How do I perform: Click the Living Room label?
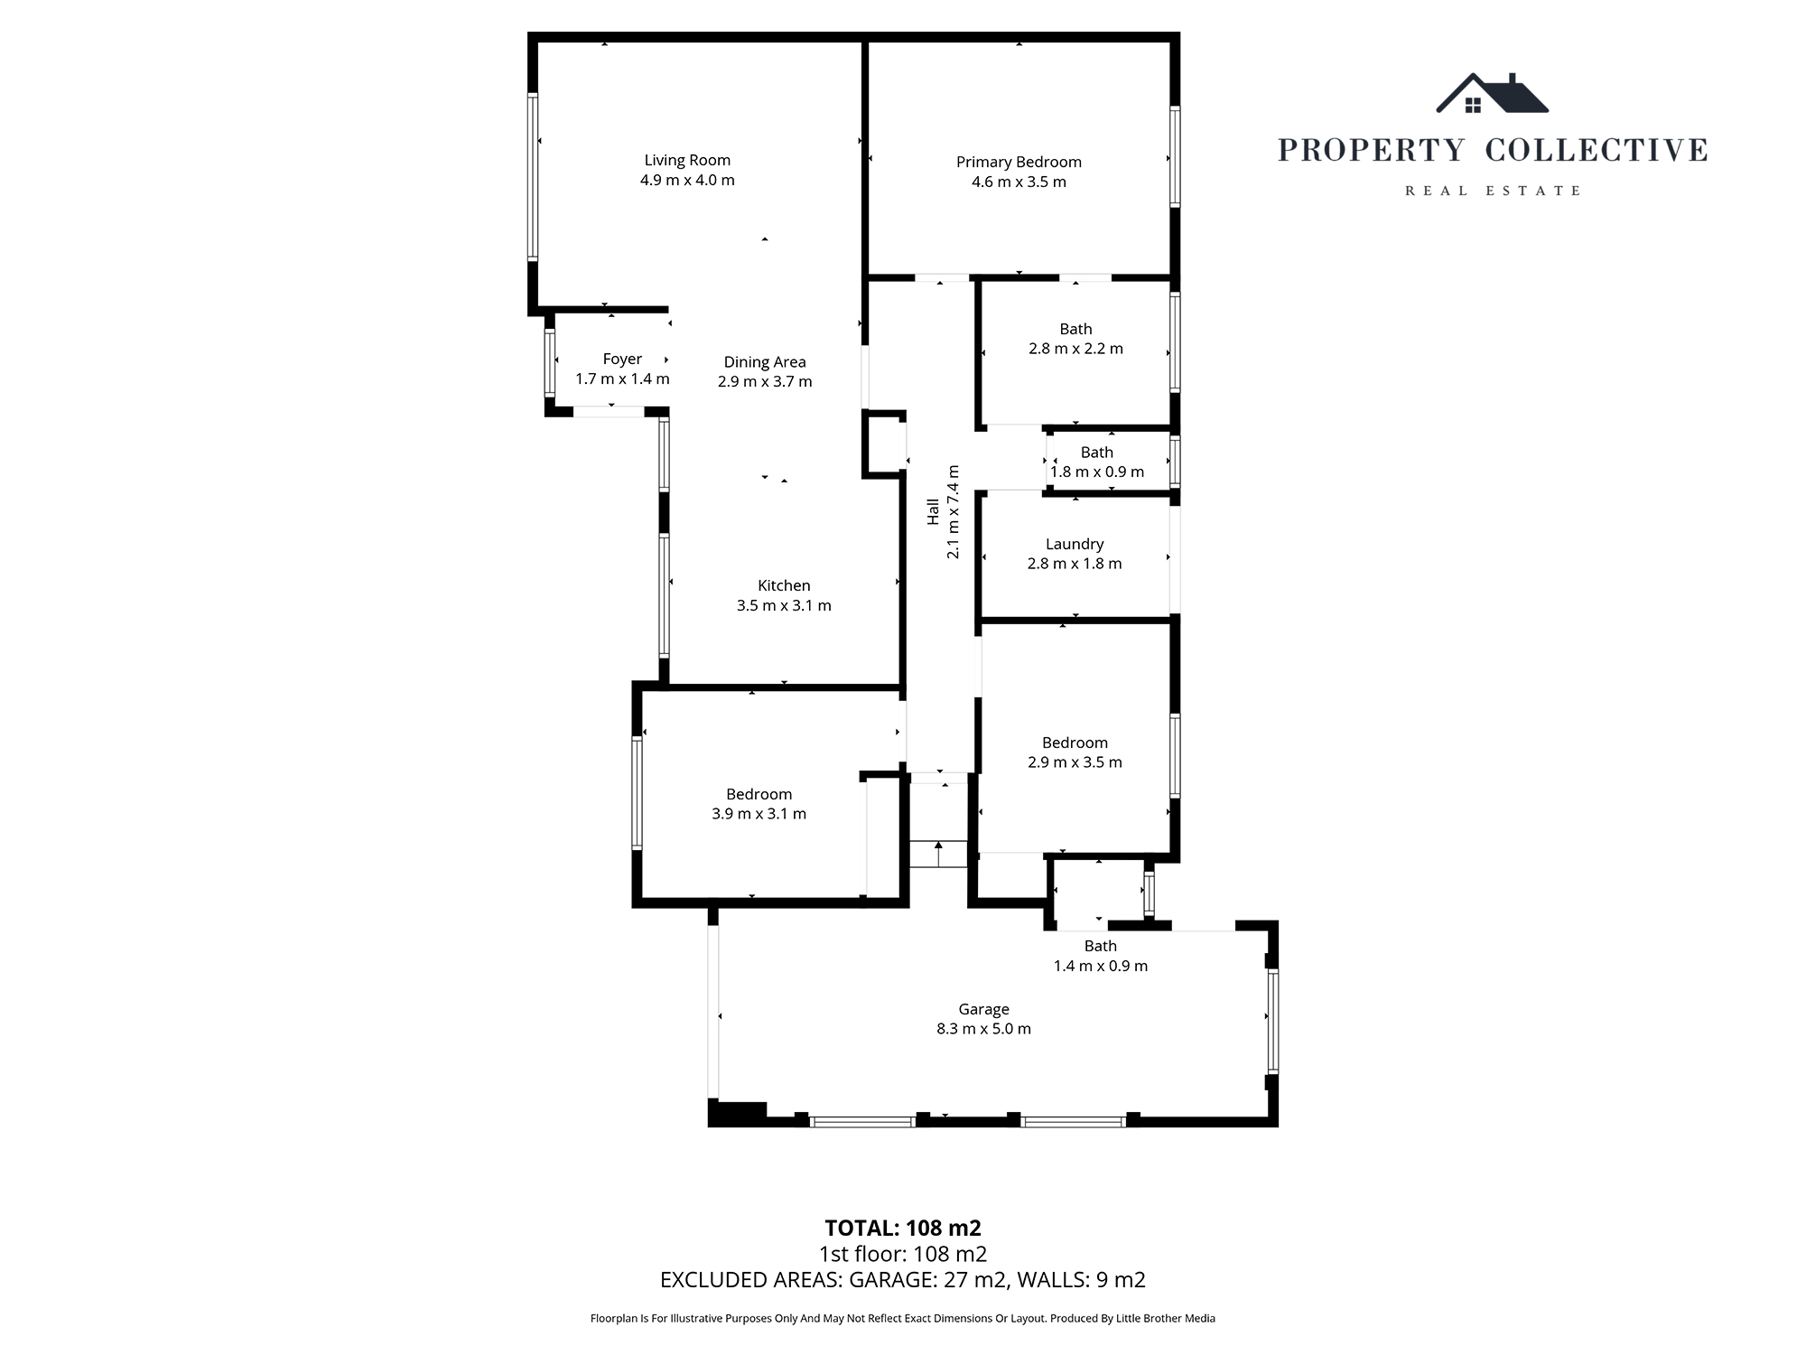687,160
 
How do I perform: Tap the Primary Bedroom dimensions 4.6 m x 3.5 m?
1019,182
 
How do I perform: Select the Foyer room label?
622,359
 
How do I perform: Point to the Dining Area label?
765,361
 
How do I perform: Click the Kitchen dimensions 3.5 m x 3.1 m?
784,605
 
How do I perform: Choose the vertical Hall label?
933,511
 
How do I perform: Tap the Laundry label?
1075,544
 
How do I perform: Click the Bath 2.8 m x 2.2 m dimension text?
1075,349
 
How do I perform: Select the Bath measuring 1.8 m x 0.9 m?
1097,462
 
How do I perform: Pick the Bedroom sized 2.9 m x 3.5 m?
1075,752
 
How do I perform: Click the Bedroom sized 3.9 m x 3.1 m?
759,803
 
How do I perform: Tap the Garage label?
983,1009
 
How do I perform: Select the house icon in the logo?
1492,95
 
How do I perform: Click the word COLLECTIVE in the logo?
1597,150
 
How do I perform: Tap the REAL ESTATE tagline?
1493,191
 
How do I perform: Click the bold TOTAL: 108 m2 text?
902,1229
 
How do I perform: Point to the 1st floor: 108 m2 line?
902,1254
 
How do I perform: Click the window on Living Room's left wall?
533,177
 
